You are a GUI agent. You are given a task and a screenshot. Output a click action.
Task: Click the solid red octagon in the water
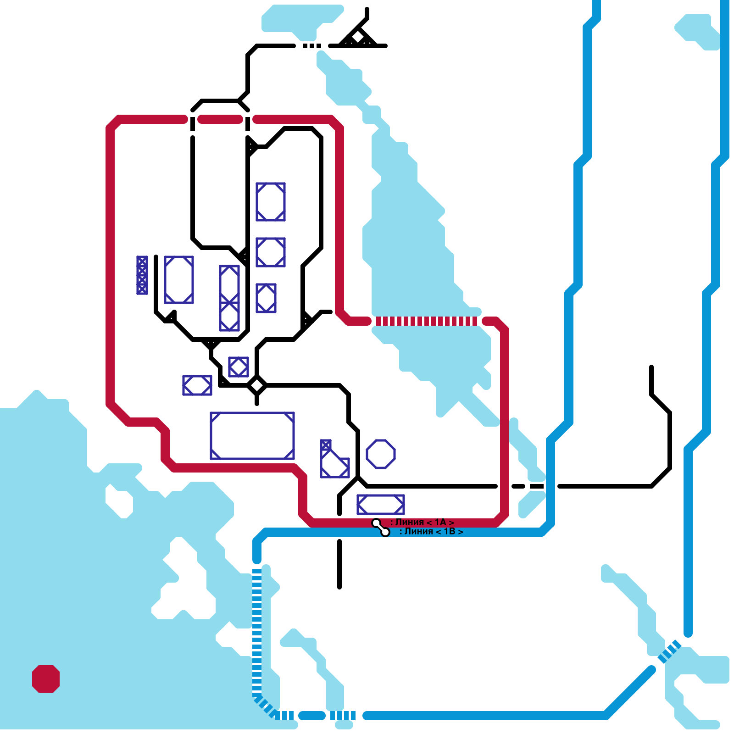(46, 678)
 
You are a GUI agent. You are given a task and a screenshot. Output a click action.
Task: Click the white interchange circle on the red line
(376, 523)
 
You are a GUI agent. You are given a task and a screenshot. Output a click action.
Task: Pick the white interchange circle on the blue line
(385, 532)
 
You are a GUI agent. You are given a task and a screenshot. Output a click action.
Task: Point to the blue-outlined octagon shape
(381, 454)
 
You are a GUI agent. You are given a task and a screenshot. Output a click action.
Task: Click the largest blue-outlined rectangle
(252, 436)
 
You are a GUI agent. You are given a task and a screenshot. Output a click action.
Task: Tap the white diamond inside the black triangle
(358, 37)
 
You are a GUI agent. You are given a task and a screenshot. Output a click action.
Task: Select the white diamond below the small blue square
(257, 385)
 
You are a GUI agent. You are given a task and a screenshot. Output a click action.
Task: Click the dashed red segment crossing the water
(427, 321)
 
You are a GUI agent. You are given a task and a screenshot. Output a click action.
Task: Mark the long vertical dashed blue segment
(257, 633)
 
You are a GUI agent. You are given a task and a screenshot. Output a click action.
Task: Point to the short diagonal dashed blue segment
(670, 651)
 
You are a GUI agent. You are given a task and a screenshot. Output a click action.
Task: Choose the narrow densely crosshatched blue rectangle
(142, 275)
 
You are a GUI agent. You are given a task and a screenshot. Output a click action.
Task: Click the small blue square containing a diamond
(239, 367)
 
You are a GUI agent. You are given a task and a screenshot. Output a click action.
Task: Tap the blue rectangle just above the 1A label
(381, 505)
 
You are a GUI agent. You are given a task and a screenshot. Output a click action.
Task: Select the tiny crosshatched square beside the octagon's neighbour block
(326, 445)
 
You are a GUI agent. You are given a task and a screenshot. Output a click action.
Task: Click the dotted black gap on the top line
(312, 46)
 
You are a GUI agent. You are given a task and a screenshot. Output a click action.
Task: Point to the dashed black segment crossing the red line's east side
(528, 486)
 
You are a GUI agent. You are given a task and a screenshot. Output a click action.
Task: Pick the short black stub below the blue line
(339, 564)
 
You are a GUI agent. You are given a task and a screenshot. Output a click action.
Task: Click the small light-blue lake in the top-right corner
(697, 30)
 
